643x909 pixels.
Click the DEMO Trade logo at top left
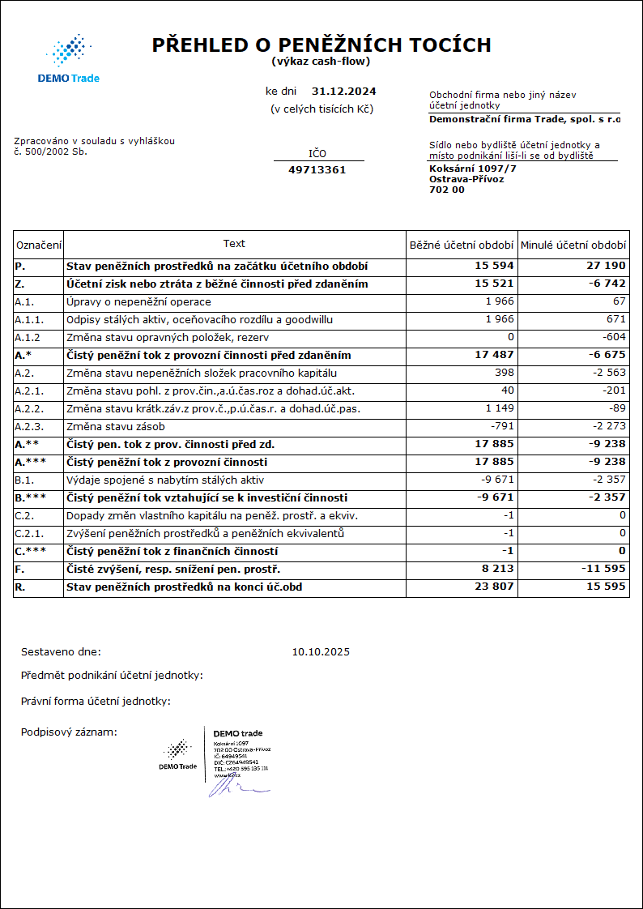coord(69,58)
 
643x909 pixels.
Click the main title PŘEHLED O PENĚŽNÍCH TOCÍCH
coord(321,45)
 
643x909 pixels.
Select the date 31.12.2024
coord(343,92)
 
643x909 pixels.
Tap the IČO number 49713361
coord(317,170)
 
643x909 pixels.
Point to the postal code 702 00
coord(447,190)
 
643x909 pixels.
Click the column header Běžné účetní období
coord(461,245)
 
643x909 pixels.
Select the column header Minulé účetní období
coord(573,245)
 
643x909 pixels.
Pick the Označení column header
coord(39,245)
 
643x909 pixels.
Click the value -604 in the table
coord(615,338)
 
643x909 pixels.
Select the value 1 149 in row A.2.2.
coord(499,409)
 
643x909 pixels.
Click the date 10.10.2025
coord(321,651)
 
